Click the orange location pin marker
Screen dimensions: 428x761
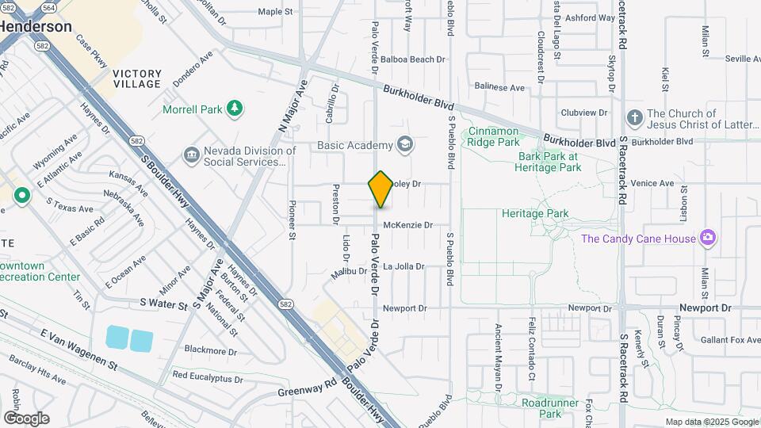click(381, 189)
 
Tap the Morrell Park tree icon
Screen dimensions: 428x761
click(234, 109)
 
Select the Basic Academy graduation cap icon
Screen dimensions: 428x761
click(406, 144)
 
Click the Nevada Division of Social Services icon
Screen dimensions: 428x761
click(192, 155)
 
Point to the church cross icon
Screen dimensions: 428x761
click(633, 119)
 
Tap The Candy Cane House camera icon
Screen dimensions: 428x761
click(708, 238)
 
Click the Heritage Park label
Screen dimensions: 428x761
click(535, 214)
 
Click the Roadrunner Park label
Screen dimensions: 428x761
click(553, 407)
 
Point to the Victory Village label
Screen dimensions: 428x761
click(137, 78)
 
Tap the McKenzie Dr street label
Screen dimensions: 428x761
click(407, 225)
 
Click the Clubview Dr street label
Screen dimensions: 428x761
click(583, 113)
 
